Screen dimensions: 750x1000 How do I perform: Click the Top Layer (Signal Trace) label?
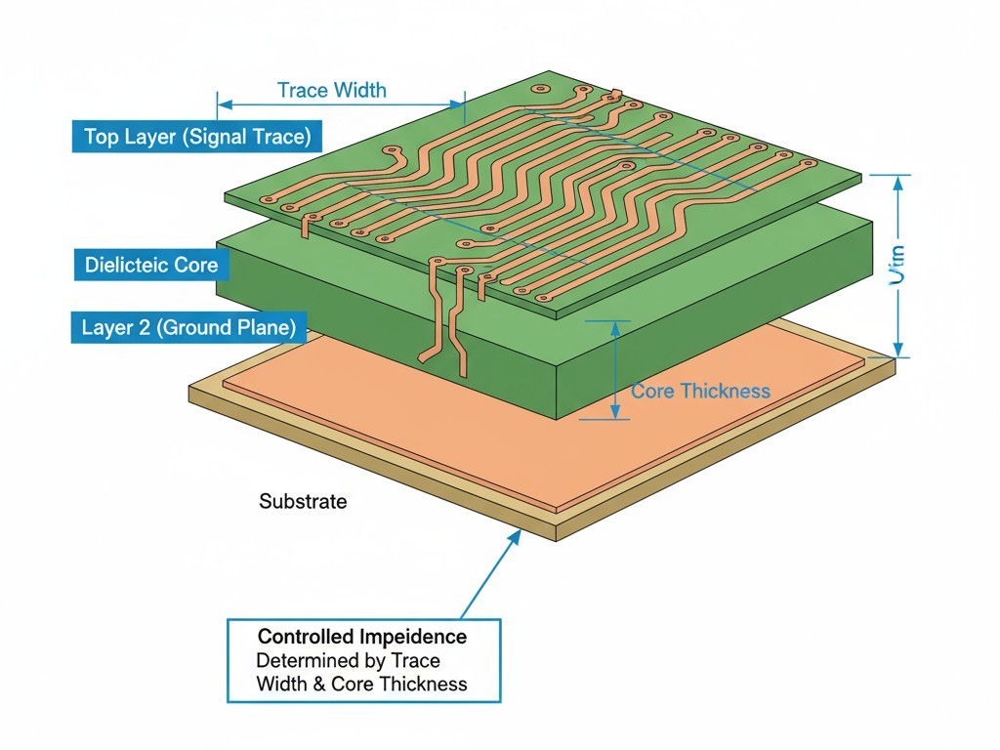(x=196, y=137)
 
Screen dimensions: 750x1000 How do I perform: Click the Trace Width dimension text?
(x=331, y=91)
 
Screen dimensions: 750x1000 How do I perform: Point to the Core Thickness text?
(x=700, y=392)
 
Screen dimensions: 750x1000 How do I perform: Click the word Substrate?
(x=303, y=502)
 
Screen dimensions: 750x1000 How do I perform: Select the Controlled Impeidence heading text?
(x=362, y=637)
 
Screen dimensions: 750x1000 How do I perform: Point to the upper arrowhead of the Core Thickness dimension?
(x=614, y=328)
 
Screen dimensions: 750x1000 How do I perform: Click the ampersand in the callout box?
(x=318, y=684)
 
